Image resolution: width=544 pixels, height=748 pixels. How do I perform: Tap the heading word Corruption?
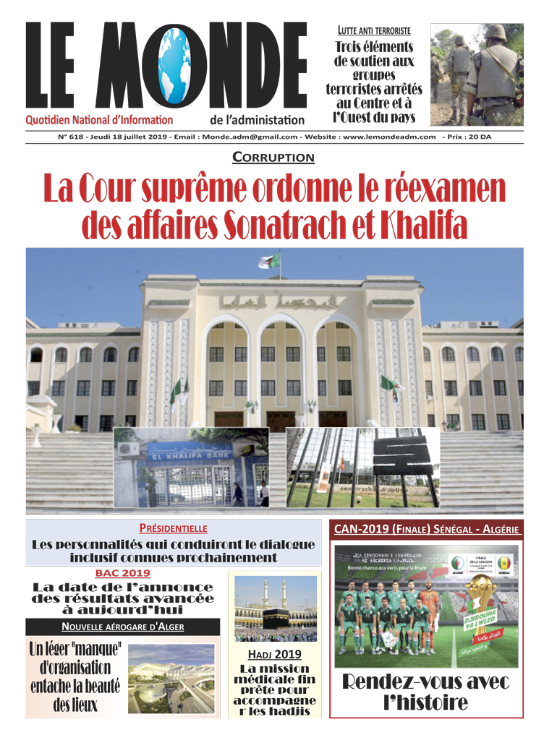[273, 157]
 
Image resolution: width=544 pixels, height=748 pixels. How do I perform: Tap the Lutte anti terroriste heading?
[374, 30]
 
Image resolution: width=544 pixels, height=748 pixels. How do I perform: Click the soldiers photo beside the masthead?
[477, 74]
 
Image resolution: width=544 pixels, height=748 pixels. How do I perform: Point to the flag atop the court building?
[268, 262]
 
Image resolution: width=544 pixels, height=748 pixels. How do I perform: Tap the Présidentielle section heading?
[173, 528]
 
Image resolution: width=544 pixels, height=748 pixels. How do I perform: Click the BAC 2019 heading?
[122, 573]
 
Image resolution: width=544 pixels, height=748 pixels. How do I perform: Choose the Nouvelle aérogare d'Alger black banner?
[122, 627]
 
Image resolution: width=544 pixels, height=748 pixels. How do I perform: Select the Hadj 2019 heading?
[274, 655]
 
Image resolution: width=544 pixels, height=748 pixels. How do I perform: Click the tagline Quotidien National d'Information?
[99, 120]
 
